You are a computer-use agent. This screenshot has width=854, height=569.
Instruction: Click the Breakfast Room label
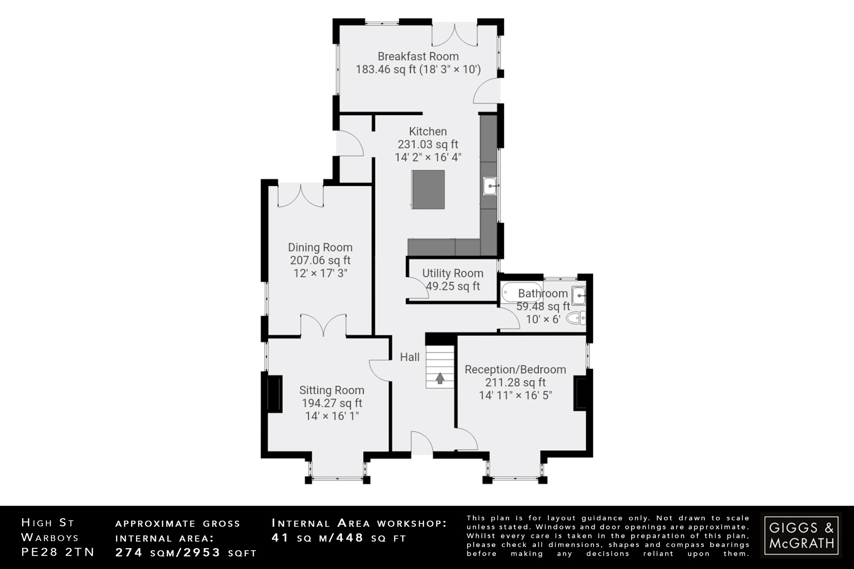click(x=418, y=56)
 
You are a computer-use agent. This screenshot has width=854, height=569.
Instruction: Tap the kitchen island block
click(x=428, y=189)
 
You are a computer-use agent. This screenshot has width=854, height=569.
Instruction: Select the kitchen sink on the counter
click(x=490, y=186)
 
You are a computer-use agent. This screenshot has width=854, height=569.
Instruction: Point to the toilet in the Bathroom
click(x=578, y=318)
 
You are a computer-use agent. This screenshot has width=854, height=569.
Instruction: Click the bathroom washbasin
click(x=579, y=296)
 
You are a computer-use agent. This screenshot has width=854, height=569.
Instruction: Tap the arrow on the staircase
click(x=440, y=378)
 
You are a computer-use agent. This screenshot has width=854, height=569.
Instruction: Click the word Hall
click(x=409, y=357)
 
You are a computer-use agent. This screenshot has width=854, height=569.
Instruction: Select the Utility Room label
click(x=452, y=273)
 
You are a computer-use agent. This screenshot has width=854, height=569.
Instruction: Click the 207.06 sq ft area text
click(x=320, y=261)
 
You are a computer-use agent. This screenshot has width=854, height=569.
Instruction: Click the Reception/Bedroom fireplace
click(x=580, y=393)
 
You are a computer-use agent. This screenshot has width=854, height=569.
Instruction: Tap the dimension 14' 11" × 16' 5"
click(x=515, y=395)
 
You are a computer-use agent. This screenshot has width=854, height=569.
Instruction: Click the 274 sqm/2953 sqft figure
click(x=186, y=553)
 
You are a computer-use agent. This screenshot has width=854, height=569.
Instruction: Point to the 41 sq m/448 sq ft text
click(x=339, y=538)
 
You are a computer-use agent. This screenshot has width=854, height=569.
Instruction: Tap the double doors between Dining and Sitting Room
click(x=323, y=325)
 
